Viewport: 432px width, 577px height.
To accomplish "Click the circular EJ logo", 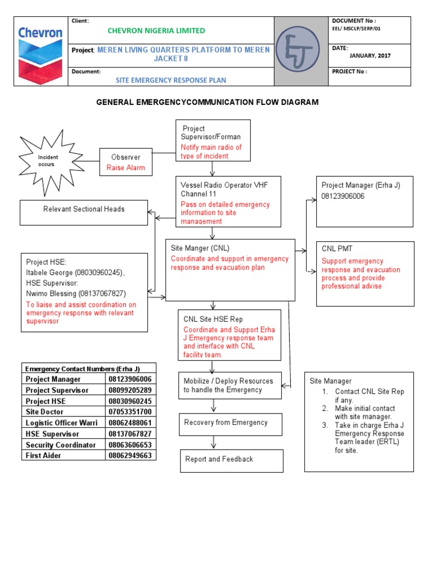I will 301,51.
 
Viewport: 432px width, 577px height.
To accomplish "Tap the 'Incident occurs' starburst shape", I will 48,160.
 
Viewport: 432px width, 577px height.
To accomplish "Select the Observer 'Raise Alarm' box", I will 125,162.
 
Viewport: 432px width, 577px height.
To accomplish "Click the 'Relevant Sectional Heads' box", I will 84,212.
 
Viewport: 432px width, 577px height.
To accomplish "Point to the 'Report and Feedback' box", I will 231,460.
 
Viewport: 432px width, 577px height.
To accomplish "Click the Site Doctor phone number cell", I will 130,412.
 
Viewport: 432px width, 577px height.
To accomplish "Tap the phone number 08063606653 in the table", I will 130,445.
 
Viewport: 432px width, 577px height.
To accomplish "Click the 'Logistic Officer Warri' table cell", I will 63,423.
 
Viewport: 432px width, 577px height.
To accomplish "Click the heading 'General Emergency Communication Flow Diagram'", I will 208,102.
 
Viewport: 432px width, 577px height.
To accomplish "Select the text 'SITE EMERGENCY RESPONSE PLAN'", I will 171,80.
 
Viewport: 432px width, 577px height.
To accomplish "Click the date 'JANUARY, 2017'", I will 370,56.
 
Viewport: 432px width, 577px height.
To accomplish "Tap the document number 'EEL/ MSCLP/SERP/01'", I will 357,28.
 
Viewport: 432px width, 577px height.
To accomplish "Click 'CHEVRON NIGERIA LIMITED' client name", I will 156,30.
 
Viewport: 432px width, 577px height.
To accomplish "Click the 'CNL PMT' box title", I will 337,248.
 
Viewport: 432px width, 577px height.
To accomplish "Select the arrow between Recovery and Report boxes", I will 214,441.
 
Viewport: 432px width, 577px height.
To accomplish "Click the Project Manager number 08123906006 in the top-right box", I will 343,196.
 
